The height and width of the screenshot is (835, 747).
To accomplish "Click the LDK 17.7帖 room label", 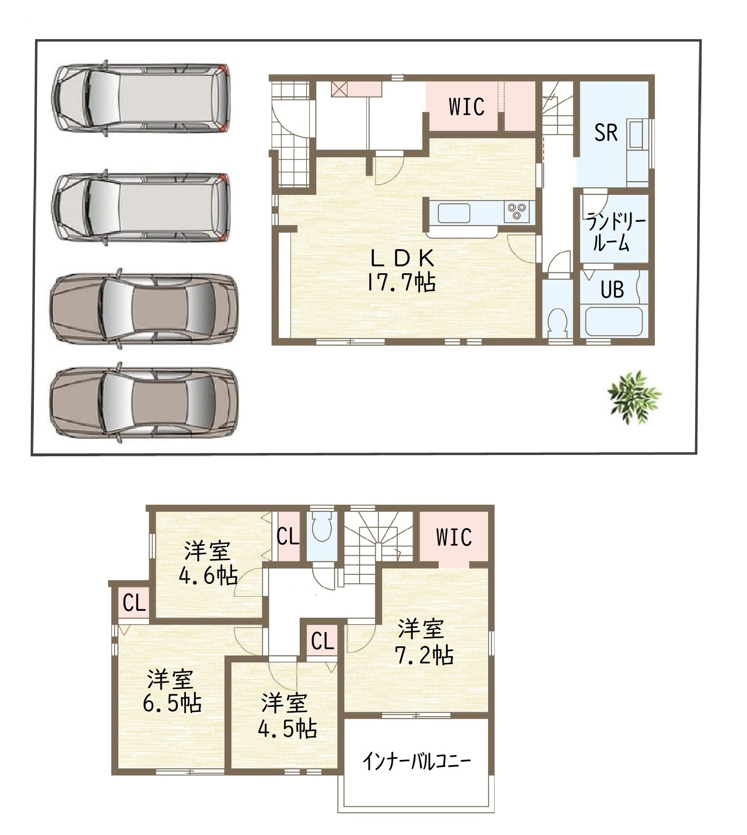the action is [402, 270].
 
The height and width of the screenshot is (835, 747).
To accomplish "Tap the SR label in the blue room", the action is [606, 133].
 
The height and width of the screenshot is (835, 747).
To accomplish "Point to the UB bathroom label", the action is [612, 290].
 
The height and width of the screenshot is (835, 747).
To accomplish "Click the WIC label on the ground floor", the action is [466, 107].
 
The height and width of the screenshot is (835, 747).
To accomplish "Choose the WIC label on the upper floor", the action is [453, 537].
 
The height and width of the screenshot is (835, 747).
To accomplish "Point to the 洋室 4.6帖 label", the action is [208, 563].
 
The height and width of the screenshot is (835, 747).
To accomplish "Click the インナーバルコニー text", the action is [417, 761].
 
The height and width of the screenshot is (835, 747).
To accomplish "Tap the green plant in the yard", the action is [634, 397].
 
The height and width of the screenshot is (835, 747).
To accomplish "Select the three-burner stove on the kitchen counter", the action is [517, 212].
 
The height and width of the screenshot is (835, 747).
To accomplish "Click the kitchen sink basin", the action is [453, 213].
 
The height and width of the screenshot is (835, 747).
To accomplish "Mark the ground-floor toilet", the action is [558, 320].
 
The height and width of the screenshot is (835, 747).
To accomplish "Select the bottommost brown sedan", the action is [143, 402].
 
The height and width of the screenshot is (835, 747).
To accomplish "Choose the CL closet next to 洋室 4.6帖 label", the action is [288, 536].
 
